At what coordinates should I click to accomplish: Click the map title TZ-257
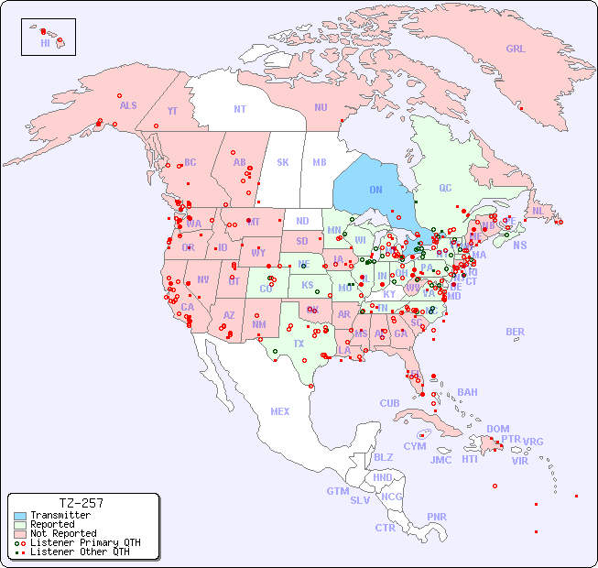pos(81,503)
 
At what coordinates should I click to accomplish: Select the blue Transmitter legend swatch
pos(19,516)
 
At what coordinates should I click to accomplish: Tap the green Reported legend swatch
pos(19,525)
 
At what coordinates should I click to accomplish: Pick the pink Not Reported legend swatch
pos(19,533)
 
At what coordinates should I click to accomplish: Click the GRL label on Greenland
pos(516,49)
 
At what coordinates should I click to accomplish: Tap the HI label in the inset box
pos(46,43)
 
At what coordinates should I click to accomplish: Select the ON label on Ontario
pos(375,191)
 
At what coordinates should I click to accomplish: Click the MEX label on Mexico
pos(280,411)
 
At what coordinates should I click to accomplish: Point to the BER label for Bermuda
pos(516,333)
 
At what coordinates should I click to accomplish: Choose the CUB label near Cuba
pos(389,403)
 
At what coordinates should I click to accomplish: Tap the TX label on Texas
pos(299,344)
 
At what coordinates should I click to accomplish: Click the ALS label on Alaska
pos(128,105)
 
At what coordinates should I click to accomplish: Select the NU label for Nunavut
pos(321,107)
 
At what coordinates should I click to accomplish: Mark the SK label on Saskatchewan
pos(283,163)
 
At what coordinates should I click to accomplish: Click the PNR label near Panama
pos(437,517)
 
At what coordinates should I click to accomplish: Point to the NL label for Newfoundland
pos(538,211)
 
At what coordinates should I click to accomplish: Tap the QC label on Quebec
pos(445,189)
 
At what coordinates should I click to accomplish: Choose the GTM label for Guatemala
pos(338,491)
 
